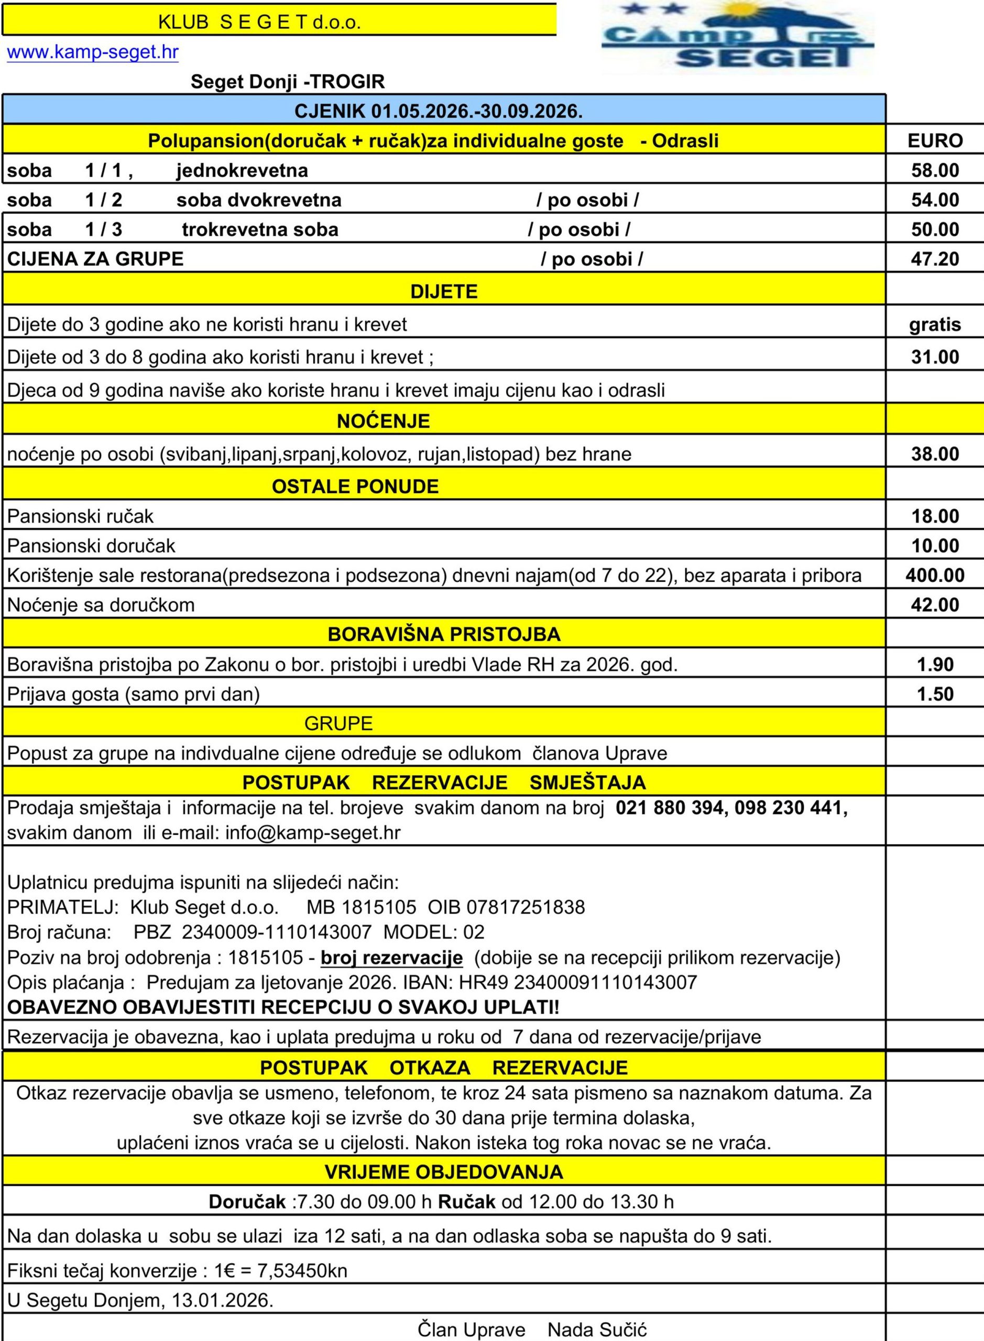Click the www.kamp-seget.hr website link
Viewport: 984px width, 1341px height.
pyautogui.click(x=92, y=52)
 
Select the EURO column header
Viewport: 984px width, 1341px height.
pyautogui.click(x=935, y=140)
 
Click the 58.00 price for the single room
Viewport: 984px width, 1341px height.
pyautogui.click(x=935, y=171)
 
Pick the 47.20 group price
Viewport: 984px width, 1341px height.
pyautogui.click(x=935, y=259)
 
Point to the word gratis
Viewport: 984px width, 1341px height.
pyautogui.click(x=935, y=325)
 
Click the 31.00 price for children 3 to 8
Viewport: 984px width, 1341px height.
pyautogui.click(x=935, y=357)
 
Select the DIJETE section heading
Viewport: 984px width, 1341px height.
pyautogui.click(x=444, y=292)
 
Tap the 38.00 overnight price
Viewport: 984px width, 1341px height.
pyautogui.click(x=935, y=454)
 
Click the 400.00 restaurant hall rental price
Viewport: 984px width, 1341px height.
pyautogui.click(x=935, y=575)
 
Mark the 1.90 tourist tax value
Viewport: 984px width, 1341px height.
pyautogui.click(x=935, y=665)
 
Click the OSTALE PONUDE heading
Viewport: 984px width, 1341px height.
pyautogui.click(x=355, y=487)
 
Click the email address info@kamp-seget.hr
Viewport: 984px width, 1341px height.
pyautogui.click(x=313, y=832)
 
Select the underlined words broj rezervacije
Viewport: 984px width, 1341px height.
pyautogui.click(x=391, y=958)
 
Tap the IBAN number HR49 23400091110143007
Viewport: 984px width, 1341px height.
pyautogui.click(x=605, y=983)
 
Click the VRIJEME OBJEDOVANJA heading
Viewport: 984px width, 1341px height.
pyautogui.click(x=444, y=1172)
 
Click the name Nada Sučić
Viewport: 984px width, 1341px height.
pyautogui.click(x=597, y=1329)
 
